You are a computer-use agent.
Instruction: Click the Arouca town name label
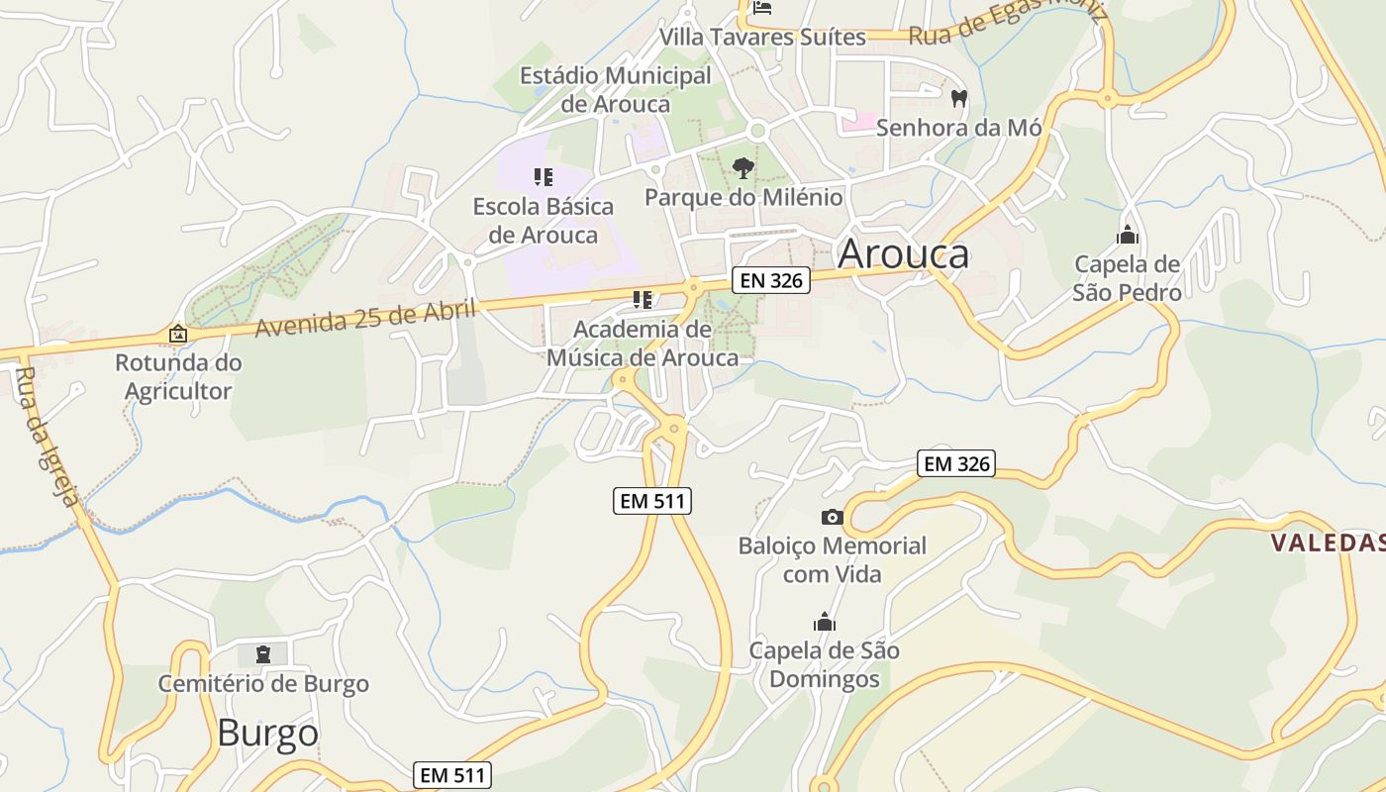[x=903, y=254]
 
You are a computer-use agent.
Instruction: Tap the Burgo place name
[x=267, y=734]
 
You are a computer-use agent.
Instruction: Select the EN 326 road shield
[x=771, y=280]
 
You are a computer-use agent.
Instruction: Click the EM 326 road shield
[x=955, y=462]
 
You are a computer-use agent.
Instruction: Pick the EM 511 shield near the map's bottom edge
[x=453, y=775]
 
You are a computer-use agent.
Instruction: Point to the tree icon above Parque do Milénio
[x=743, y=168]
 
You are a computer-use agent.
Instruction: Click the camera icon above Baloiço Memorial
[x=832, y=517]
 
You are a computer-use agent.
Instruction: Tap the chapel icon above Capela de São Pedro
[x=1127, y=236]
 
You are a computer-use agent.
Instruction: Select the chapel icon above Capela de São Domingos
[x=824, y=622]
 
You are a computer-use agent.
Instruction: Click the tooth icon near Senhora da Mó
[x=958, y=98]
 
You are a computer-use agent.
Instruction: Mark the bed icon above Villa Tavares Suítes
[x=761, y=9]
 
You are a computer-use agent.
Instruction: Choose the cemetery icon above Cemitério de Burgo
[x=263, y=653]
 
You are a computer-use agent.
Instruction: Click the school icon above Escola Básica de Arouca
[x=543, y=177]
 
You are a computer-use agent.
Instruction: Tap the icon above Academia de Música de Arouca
[x=642, y=299]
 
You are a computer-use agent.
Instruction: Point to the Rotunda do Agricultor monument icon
[x=178, y=334]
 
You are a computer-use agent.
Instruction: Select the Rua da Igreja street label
[x=48, y=436]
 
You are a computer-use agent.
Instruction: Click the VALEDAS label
[x=1328, y=543]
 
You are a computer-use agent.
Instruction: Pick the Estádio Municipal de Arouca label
[x=615, y=89]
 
